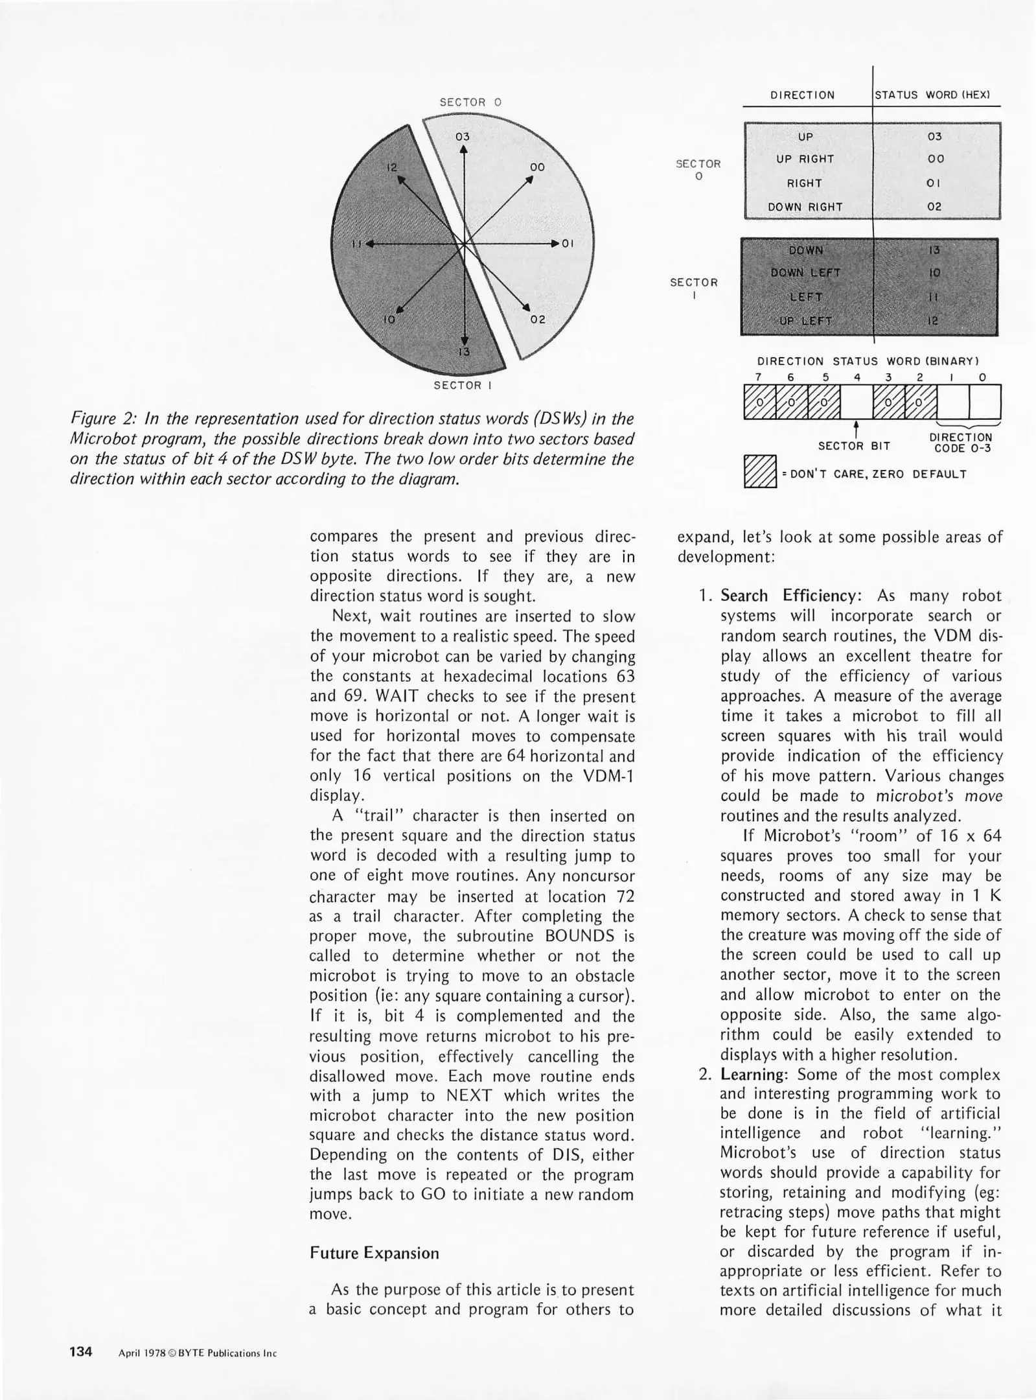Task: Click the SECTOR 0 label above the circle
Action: tap(470, 102)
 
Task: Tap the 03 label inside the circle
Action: tap(462, 137)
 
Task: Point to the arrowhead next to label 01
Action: tap(555, 244)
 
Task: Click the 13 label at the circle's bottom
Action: tap(464, 352)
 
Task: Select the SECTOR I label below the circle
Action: tap(463, 386)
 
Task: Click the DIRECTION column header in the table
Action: tap(802, 95)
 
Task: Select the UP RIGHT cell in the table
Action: tap(805, 159)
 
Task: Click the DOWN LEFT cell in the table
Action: tap(805, 274)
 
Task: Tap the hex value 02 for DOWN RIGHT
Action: tap(934, 207)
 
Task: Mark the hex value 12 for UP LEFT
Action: tap(933, 321)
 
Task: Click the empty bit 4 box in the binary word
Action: tap(857, 402)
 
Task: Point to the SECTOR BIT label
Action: tap(854, 446)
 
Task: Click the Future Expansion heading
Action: tap(374, 1253)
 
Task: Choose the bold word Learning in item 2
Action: tap(753, 1075)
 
